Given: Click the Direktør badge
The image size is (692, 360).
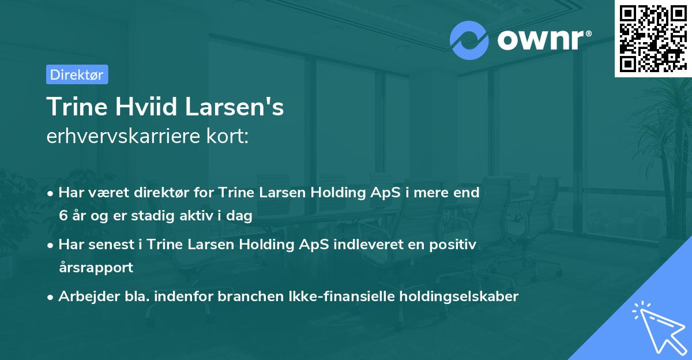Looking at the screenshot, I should point(77,74).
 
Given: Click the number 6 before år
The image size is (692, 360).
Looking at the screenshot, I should point(62,216).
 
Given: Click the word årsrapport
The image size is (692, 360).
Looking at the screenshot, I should point(96,268).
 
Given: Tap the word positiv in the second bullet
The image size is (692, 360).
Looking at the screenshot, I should point(455,245).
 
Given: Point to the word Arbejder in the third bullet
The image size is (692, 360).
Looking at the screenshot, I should point(83,297).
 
